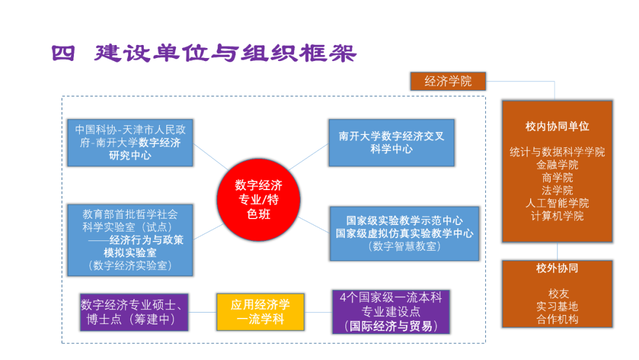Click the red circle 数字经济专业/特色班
[x=259, y=199]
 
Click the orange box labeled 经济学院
[x=448, y=81]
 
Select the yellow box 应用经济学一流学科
[x=260, y=312]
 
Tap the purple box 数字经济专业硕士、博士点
[x=134, y=312]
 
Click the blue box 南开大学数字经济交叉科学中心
[x=391, y=143]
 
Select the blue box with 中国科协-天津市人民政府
[x=130, y=143]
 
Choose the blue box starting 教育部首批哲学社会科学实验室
[x=130, y=240]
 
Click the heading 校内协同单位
[x=557, y=126]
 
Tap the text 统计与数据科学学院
[x=557, y=152]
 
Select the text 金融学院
[x=557, y=165]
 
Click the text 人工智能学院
[x=557, y=203]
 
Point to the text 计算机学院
[x=557, y=216]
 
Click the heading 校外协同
[x=557, y=268]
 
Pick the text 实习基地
[x=557, y=307]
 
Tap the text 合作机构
[x=557, y=320]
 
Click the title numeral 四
[x=63, y=53]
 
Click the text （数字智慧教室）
[x=404, y=246]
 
